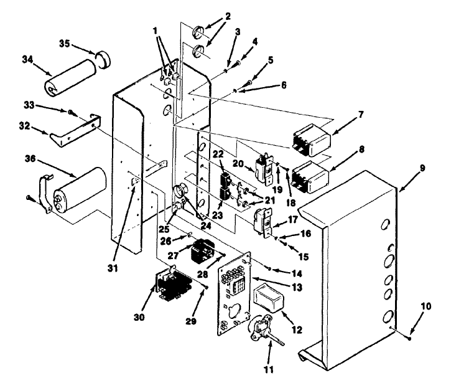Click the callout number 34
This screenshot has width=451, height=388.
28,60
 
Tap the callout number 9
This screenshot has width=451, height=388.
422,168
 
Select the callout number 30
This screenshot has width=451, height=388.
139,317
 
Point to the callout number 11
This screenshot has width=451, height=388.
269,369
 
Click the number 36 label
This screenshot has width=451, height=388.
30,158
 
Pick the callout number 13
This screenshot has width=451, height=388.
297,287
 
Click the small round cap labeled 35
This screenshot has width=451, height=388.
103,59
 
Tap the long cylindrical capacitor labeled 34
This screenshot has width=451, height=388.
71,77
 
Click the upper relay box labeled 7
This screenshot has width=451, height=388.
312,140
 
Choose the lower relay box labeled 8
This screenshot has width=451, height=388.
310,177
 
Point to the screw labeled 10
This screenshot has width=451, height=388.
410,338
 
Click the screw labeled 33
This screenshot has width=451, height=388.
70,112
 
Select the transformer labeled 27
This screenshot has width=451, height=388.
203,250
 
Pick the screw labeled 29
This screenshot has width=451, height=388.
207,287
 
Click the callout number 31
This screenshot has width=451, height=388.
113,268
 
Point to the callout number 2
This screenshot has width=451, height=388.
228,16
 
